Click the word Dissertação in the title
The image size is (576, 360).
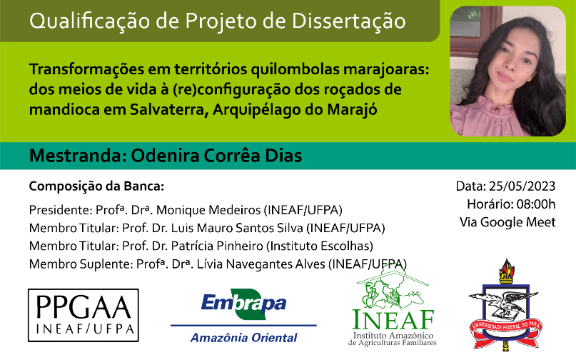coord(348,21)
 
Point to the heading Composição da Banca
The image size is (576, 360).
coord(96,186)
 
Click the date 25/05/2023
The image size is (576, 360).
coord(522,186)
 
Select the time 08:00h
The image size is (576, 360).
coord(536,204)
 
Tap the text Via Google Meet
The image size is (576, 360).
coord(507,222)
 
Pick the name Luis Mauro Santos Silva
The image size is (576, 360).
coord(237,228)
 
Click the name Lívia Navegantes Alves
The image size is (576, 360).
coord(261,264)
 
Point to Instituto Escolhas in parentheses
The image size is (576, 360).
coord(320,246)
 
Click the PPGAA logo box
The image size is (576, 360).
coord(84,315)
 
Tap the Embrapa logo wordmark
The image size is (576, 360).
coord(243,304)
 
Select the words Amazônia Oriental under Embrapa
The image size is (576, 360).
coord(244,338)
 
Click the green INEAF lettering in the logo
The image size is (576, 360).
coord(393,319)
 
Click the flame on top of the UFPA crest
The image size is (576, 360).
coord(507,269)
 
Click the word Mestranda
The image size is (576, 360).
coord(76,156)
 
